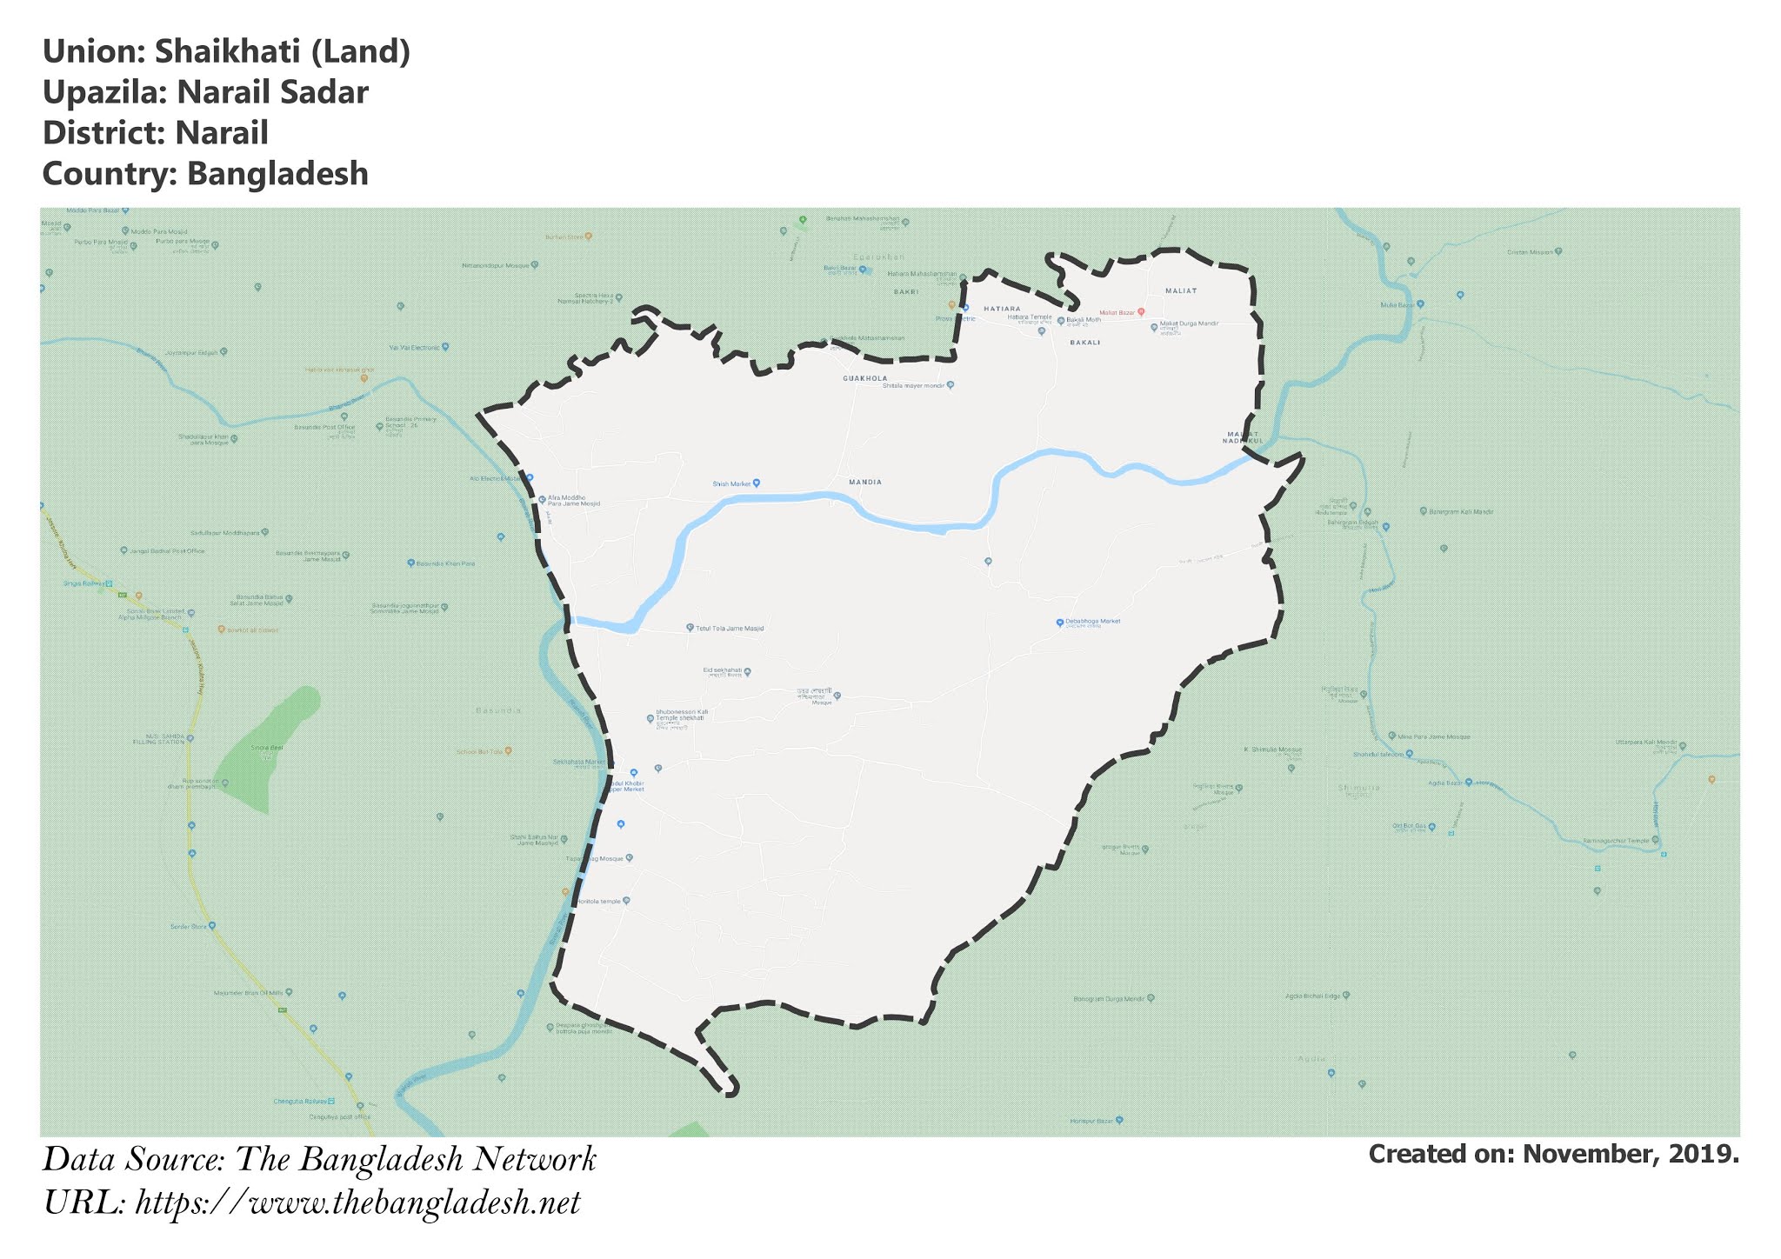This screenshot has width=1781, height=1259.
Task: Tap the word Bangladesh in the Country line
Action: point(277,174)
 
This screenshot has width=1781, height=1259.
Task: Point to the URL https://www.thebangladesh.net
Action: point(357,1203)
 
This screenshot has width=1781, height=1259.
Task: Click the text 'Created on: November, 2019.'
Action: point(1553,1155)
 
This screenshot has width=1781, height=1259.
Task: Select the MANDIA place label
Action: point(865,482)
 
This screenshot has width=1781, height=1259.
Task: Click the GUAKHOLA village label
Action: point(865,379)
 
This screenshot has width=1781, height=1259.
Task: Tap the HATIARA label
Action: point(1002,309)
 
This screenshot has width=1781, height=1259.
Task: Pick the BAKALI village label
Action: point(1085,343)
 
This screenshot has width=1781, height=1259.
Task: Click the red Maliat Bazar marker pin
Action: point(1141,311)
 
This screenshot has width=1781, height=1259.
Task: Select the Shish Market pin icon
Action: point(757,483)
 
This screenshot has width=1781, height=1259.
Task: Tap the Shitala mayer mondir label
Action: point(912,385)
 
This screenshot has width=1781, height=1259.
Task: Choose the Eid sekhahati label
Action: point(722,670)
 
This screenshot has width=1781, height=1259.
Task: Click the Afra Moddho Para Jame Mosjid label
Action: point(573,501)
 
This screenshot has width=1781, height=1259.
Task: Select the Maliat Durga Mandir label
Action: point(1189,324)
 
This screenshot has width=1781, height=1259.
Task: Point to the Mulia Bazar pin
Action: point(1420,304)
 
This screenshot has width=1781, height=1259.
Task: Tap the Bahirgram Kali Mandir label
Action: point(1461,511)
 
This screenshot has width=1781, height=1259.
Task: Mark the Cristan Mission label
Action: point(1530,252)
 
